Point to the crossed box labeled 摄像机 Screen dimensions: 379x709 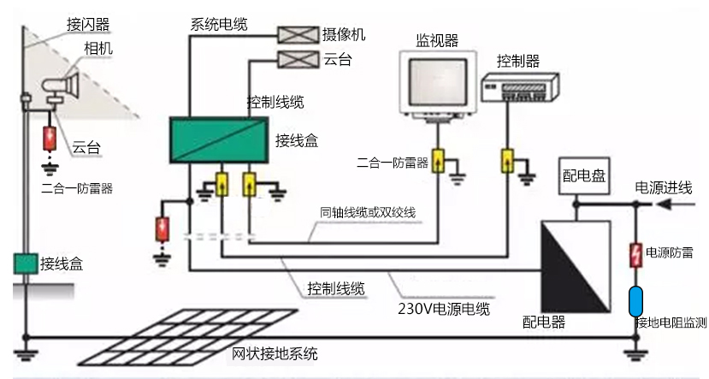296,34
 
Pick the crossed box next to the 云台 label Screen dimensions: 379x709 296,58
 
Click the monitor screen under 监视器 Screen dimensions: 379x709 435,80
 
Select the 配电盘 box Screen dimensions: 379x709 583,176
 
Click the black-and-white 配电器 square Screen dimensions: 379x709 576,264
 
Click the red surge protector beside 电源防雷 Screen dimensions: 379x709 635,254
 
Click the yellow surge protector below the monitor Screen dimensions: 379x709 438,162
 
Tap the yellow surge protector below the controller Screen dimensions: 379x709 506,162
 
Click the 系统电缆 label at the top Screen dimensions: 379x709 219,24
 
